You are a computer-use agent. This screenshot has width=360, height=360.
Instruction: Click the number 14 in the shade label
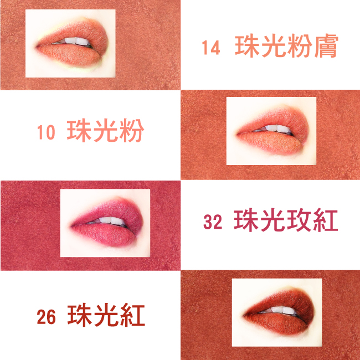tap(211, 48)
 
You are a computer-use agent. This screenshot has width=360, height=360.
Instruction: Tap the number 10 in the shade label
tap(46, 132)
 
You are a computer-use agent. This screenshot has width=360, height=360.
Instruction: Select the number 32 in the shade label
tap(213, 222)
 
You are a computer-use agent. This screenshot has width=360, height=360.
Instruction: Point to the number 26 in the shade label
tap(46, 317)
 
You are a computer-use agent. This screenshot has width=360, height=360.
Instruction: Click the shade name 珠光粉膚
tap(286, 45)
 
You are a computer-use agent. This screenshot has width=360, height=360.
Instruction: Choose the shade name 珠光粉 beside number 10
tap(105, 130)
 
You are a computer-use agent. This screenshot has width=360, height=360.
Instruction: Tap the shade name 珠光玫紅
tap(286, 220)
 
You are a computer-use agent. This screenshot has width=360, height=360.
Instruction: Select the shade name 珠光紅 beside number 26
tap(106, 315)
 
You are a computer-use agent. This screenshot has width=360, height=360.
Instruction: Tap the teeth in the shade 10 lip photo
tap(275, 128)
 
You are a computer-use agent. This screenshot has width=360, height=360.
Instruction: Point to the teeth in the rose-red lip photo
tap(110, 220)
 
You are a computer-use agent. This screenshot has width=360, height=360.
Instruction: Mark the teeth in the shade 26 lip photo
tap(281, 310)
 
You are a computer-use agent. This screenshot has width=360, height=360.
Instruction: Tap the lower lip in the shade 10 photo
tap(271, 142)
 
